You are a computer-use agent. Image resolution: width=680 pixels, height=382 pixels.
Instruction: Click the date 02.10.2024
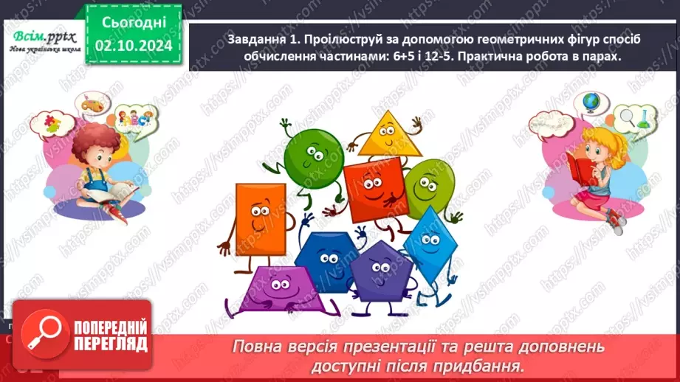point(134,45)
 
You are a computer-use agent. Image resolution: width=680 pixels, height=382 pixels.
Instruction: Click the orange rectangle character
point(260,218)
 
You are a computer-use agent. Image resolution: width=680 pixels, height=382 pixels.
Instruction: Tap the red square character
point(376,190)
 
